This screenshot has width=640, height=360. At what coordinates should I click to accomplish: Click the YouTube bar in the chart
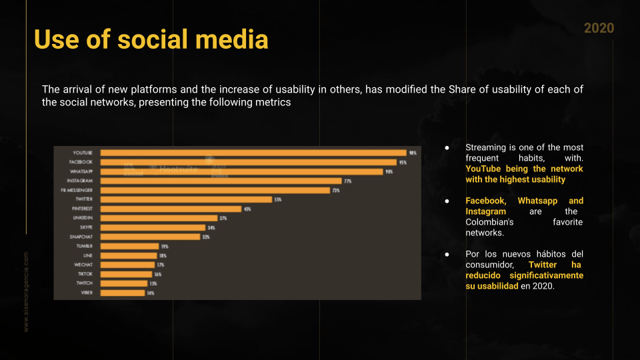253,153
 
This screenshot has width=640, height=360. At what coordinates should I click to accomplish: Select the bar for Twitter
186,199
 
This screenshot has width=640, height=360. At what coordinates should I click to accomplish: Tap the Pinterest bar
171,209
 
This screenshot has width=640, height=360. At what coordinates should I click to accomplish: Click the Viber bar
123,293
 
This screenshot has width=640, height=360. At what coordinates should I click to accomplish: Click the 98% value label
413,153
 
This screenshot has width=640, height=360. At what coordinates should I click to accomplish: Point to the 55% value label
278,199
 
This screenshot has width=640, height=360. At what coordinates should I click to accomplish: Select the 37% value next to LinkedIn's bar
223,218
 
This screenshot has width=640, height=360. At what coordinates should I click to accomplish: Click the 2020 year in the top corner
599,28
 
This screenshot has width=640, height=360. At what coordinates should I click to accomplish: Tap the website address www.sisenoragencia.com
27,291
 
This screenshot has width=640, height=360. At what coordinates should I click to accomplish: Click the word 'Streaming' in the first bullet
487,147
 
